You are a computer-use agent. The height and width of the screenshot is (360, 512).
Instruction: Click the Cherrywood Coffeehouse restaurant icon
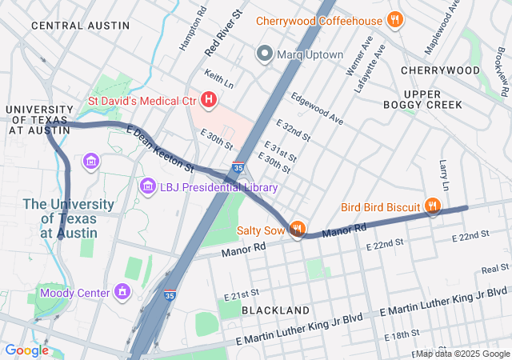tap(394, 19)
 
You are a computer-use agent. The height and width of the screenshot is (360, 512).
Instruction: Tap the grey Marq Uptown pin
tap(264, 54)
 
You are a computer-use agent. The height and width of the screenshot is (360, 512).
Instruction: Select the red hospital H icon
tap(209, 100)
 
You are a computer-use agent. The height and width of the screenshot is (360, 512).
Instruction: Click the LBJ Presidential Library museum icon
tap(147, 187)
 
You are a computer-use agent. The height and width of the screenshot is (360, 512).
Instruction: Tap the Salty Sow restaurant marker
tap(297, 230)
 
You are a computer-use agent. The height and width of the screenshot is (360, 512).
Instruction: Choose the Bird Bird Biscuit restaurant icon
tap(433, 207)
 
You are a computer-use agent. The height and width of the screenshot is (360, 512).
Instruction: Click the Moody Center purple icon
tap(122, 293)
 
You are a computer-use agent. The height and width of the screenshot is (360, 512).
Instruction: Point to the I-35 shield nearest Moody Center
tap(170, 294)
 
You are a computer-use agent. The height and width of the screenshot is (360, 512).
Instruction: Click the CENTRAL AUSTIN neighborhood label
tap(80, 26)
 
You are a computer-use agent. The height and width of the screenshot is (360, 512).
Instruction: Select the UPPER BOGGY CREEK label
tap(433, 99)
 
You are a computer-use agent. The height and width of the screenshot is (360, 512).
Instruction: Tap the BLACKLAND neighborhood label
tap(275, 310)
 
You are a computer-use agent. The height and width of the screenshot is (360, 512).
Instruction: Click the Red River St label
tap(224, 33)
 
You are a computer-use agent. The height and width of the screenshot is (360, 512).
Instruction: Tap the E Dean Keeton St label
tap(160, 149)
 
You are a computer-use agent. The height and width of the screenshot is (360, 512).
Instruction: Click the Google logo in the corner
tap(27, 350)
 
